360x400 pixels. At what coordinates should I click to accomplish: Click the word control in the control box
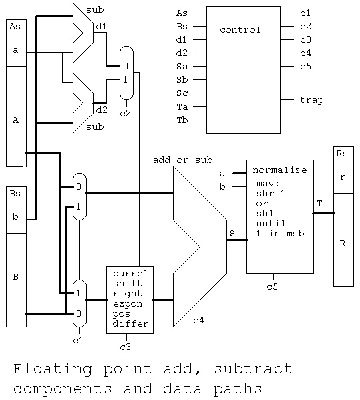click(x=240, y=30)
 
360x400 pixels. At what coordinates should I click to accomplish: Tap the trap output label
click(x=311, y=99)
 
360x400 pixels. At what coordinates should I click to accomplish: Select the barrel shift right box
click(x=130, y=300)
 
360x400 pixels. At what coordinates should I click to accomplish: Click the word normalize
click(x=280, y=170)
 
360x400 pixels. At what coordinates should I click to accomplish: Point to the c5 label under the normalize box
click(x=272, y=286)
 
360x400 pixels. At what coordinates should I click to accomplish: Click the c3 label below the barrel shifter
click(x=125, y=347)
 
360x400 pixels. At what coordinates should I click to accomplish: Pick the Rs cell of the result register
click(x=343, y=154)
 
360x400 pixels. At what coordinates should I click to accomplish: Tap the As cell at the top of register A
click(x=16, y=27)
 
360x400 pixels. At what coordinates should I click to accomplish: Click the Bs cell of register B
click(x=16, y=194)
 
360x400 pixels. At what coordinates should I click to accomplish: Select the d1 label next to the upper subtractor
click(x=102, y=26)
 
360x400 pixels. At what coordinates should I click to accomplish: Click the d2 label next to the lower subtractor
click(x=102, y=110)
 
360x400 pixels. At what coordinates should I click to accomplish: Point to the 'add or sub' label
click(x=183, y=160)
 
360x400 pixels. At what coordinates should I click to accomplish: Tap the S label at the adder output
click(x=232, y=233)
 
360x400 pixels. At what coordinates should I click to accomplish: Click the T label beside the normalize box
click(x=319, y=203)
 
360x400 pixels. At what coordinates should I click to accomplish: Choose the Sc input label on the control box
click(x=182, y=93)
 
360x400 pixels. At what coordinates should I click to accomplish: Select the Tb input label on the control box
click(x=182, y=120)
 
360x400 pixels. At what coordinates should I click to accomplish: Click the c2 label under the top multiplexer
click(x=125, y=113)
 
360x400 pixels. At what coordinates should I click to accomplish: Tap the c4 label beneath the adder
click(x=198, y=320)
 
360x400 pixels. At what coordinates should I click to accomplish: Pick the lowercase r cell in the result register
click(x=343, y=176)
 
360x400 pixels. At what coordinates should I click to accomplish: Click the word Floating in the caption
click(x=53, y=369)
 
